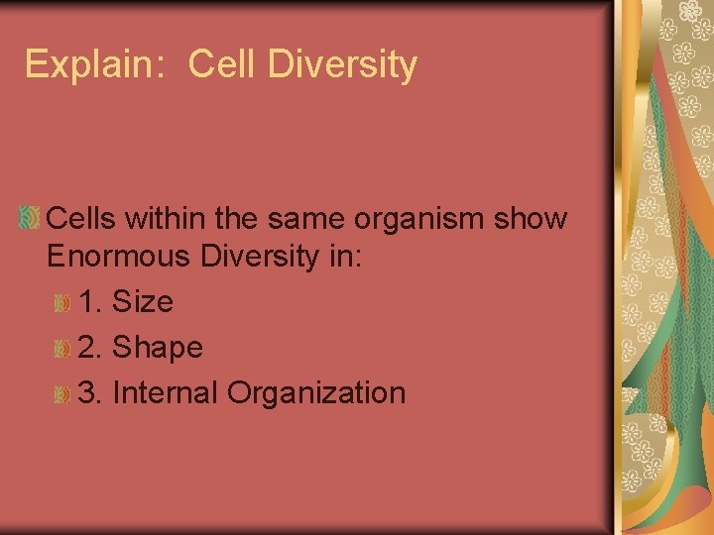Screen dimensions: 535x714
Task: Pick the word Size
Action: (x=143, y=302)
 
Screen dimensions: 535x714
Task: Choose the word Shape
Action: (x=158, y=348)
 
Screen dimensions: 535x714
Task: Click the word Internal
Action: (x=166, y=392)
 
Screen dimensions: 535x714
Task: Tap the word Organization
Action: (x=316, y=393)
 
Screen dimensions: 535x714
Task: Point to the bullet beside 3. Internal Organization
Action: (x=62, y=394)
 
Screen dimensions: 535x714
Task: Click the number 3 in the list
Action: (x=86, y=392)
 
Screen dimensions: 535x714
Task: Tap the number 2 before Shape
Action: (x=86, y=348)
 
